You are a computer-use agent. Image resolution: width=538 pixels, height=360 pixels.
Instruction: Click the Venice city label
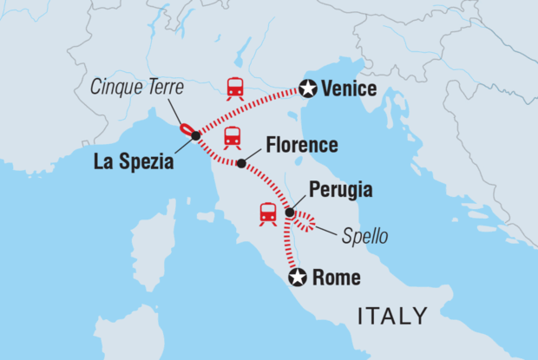(350, 88)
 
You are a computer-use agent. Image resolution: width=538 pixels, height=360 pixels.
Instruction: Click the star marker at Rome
(298, 278)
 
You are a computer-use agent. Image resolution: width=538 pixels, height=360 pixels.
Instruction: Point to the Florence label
(291, 145)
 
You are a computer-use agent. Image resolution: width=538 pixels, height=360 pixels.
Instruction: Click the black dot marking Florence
(241, 161)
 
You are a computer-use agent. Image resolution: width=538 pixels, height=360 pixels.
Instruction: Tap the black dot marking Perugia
(289, 212)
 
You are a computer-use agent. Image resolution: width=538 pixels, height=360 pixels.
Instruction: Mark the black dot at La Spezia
(196, 136)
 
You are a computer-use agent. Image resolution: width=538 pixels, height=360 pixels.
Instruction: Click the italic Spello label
(364, 235)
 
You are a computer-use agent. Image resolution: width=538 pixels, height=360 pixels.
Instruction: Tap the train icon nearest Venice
(234, 88)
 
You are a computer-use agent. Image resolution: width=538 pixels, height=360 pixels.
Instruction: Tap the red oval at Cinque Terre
(186, 129)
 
